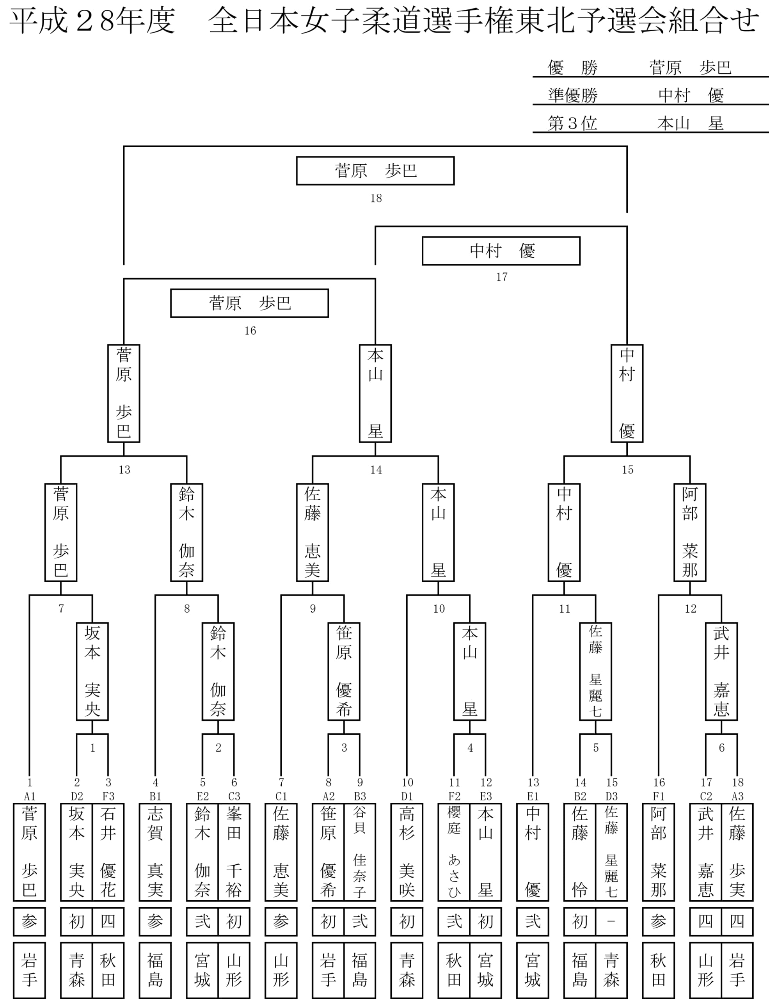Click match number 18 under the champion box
tap(376, 198)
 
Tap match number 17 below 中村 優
tap(501, 277)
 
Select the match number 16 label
tap(250, 330)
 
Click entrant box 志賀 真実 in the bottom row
tap(155, 852)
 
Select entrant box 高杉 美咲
tap(407, 852)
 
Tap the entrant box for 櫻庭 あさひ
tap(454, 852)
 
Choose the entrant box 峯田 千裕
tap(234, 852)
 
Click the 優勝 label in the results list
tap(573, 68)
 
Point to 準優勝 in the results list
tap(573, 96)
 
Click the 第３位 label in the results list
tap(573, 123)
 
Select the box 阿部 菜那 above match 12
tap(690, 532)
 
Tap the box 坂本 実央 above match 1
tap(92, 672)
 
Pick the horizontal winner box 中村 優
tap(501, 251)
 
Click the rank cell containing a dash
tap(611, 922)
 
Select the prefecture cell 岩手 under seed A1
tap(30, 970)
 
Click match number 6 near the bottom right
tap(721, 748)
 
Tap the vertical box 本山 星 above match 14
tap(375, 393)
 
